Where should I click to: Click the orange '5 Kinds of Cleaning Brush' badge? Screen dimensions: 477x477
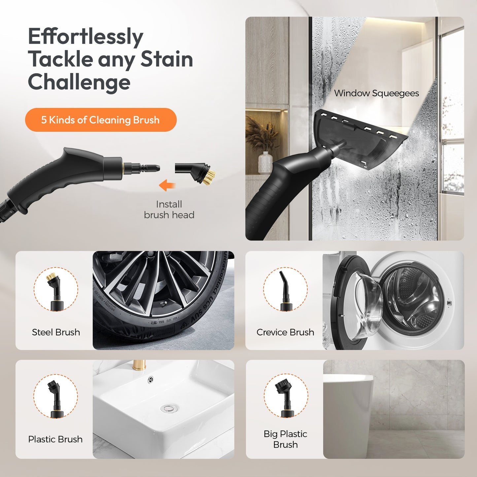(x=101, y=120)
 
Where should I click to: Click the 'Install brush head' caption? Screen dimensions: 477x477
(x=169, y=210)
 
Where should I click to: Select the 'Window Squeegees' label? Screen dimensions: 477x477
(x=376, y=93)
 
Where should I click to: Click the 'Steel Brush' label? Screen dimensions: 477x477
(x=56, y=332)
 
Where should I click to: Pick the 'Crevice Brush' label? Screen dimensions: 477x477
(x=285, y=332)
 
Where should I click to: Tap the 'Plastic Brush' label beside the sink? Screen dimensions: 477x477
(x=55, y=439)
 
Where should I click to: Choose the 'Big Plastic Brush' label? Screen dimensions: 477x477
(x=286, y=439)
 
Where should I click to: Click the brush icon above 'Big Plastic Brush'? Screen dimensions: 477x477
(x=286, y=396)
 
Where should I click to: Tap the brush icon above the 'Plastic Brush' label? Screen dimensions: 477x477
(x=55, y=396)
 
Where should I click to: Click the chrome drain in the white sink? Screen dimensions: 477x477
(x=169, y=409)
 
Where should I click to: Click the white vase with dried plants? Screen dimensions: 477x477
(x=265, y=162)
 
